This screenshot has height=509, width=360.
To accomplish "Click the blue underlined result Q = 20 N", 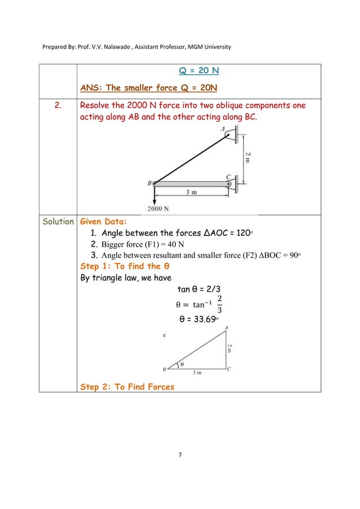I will pyautogui.click(x=199, y=71).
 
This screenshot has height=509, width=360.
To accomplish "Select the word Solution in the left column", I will pyautogui.click(x=58, y=222).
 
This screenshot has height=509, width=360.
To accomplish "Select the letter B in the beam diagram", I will pyautogui.click(x=149, y=183).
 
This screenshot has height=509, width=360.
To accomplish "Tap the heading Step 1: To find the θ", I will pyautogui.click(x=125, y=266).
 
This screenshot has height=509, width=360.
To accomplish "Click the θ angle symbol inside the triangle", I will pyautogui.click(x=182, y=364).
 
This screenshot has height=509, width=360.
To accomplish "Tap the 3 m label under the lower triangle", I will pyautogui.click(x=197, y=374).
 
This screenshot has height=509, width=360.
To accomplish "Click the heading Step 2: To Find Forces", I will pyautogui.click(x=128, y=387).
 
